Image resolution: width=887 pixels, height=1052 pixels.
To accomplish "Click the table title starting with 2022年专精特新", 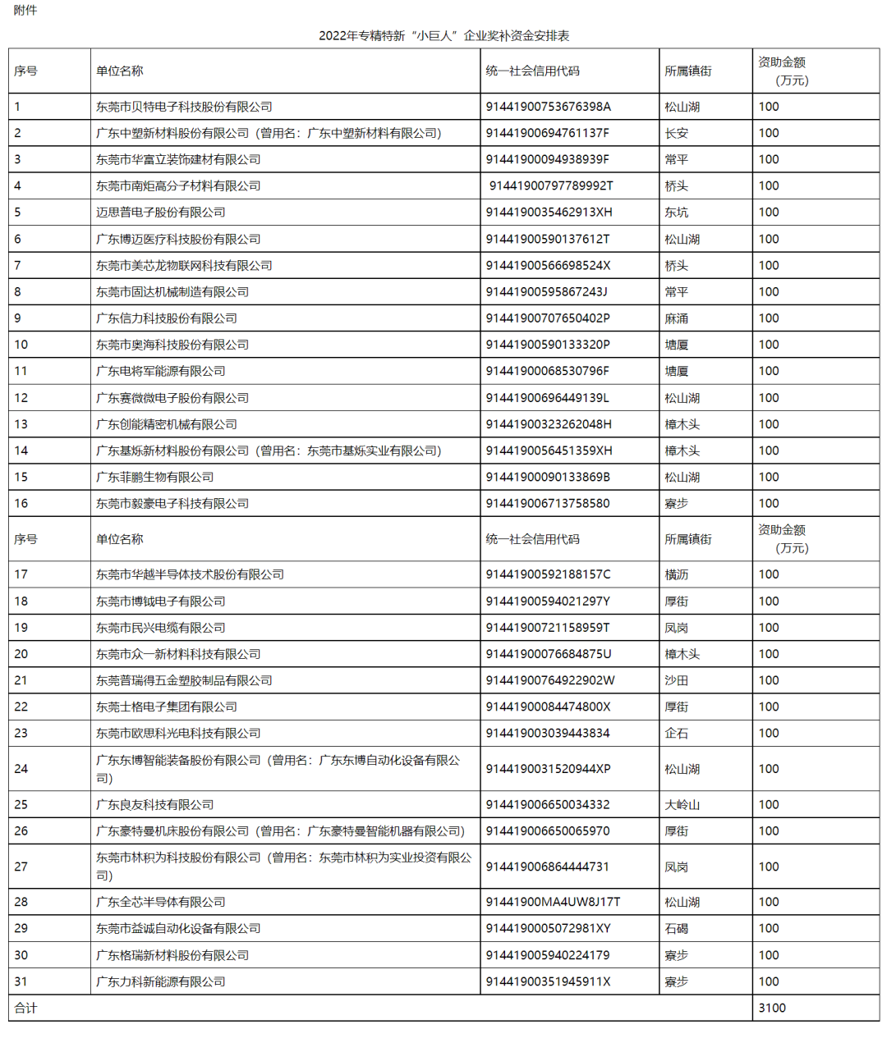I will [x=443, y=36].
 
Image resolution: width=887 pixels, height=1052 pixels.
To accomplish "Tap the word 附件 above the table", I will [x=25, y=11].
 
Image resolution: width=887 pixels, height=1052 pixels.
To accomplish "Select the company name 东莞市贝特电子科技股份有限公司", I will [x=184, y=107].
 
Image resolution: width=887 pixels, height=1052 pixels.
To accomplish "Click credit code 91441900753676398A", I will [x=548, y=107].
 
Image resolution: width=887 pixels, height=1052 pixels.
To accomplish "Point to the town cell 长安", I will [x=677, y=133].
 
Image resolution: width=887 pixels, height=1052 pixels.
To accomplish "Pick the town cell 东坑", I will [x=677, y=213].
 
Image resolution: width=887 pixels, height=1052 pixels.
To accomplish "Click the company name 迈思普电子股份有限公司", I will [x=160, y=213].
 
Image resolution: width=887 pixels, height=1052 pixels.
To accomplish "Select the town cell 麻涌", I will [x=677, y=318].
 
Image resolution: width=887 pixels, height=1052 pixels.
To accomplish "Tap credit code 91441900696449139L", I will [x=547, y=398].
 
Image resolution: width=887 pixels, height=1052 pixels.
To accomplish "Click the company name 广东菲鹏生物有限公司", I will [x=154, y=477].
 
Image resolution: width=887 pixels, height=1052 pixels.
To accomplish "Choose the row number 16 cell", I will [x=21, y=504].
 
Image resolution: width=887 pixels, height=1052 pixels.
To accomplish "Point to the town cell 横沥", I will [x=677, y=574].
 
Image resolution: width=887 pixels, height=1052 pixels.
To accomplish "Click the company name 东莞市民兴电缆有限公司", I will [x=160, y=628].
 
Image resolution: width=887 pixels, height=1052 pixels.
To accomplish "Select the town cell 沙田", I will [x=677, y=680].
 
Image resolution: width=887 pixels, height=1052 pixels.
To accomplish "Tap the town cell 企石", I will [x=677, y=734].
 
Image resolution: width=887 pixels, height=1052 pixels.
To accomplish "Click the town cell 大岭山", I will [x=682, y=805].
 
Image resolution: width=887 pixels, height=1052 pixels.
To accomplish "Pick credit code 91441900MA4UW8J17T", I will [x=553, y=902].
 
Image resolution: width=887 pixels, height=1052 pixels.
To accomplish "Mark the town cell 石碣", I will [x=677, y=929].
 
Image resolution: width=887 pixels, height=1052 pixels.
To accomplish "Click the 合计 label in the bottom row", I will [x=25, y=1009].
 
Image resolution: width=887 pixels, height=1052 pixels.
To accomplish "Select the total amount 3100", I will [x=772, y=1009].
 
